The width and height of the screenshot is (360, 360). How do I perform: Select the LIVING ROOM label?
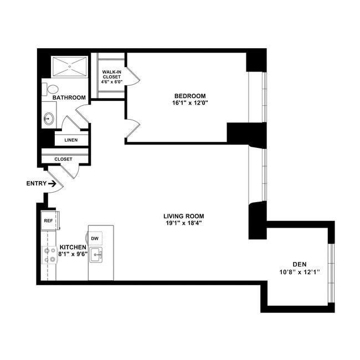coord(184,216)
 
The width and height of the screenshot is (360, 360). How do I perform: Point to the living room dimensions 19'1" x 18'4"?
coord(184,224)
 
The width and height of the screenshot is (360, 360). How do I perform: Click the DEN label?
coord(300,264)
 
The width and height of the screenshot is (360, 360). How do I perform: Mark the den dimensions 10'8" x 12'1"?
coord(300,272)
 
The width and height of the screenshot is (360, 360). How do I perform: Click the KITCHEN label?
coord(73,247)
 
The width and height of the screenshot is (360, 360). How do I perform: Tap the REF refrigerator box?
coord(48,220)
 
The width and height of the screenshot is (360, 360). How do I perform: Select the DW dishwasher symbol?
coord(95,238)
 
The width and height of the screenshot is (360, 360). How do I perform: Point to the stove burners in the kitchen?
coord(47,254)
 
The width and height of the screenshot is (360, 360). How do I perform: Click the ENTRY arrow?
coord(52,183)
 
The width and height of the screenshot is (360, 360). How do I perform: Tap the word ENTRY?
coord(35,183)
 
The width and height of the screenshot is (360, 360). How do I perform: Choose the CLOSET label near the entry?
coord(63,160)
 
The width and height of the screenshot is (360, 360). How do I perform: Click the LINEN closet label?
coord(70,140)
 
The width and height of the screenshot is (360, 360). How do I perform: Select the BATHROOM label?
coord(69,97)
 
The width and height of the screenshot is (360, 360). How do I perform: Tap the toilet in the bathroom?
coord(53,89)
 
